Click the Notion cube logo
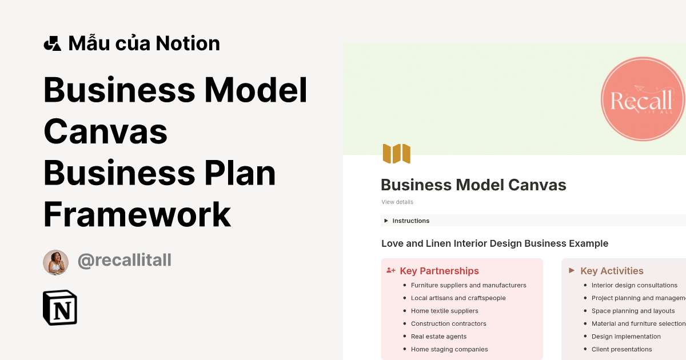pyautogui.click(x=60, y=307)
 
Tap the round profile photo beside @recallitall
pyautogui.click(x=55, y=262)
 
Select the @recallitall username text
pyautogui.click(x=124, y=261)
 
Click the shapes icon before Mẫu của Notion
pyautogui.click(x=52, y=43)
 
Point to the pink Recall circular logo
pyautogui.click(x=643, y=101)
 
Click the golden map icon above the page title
pyautogui.click(x=397, y=154)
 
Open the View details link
pyautogui.click(x=397, y=202)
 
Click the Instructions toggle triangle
pyautogui.click(x=386, y=221)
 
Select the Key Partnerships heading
pyautogui.click(x=439, y=271)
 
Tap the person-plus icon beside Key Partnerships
pyautogui.click(x=391, y=270)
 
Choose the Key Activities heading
pyautogui.click(x=612, y=271)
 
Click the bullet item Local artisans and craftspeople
pyautogui.click(x=458, y=298)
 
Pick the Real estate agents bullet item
pyautogui.click(x=438, y=337)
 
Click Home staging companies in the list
pyautogui.click(x=449, y=349)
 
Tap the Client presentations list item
pyautogui.click(x=621, y=349)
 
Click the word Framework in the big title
pyautogui.click(x=137, y=215)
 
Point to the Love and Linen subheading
pyautogui.click(x=494, y=243)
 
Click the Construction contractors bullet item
pyautogui.click(x=448, y=323)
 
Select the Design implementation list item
pyautogui.click(x=626, y=337)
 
